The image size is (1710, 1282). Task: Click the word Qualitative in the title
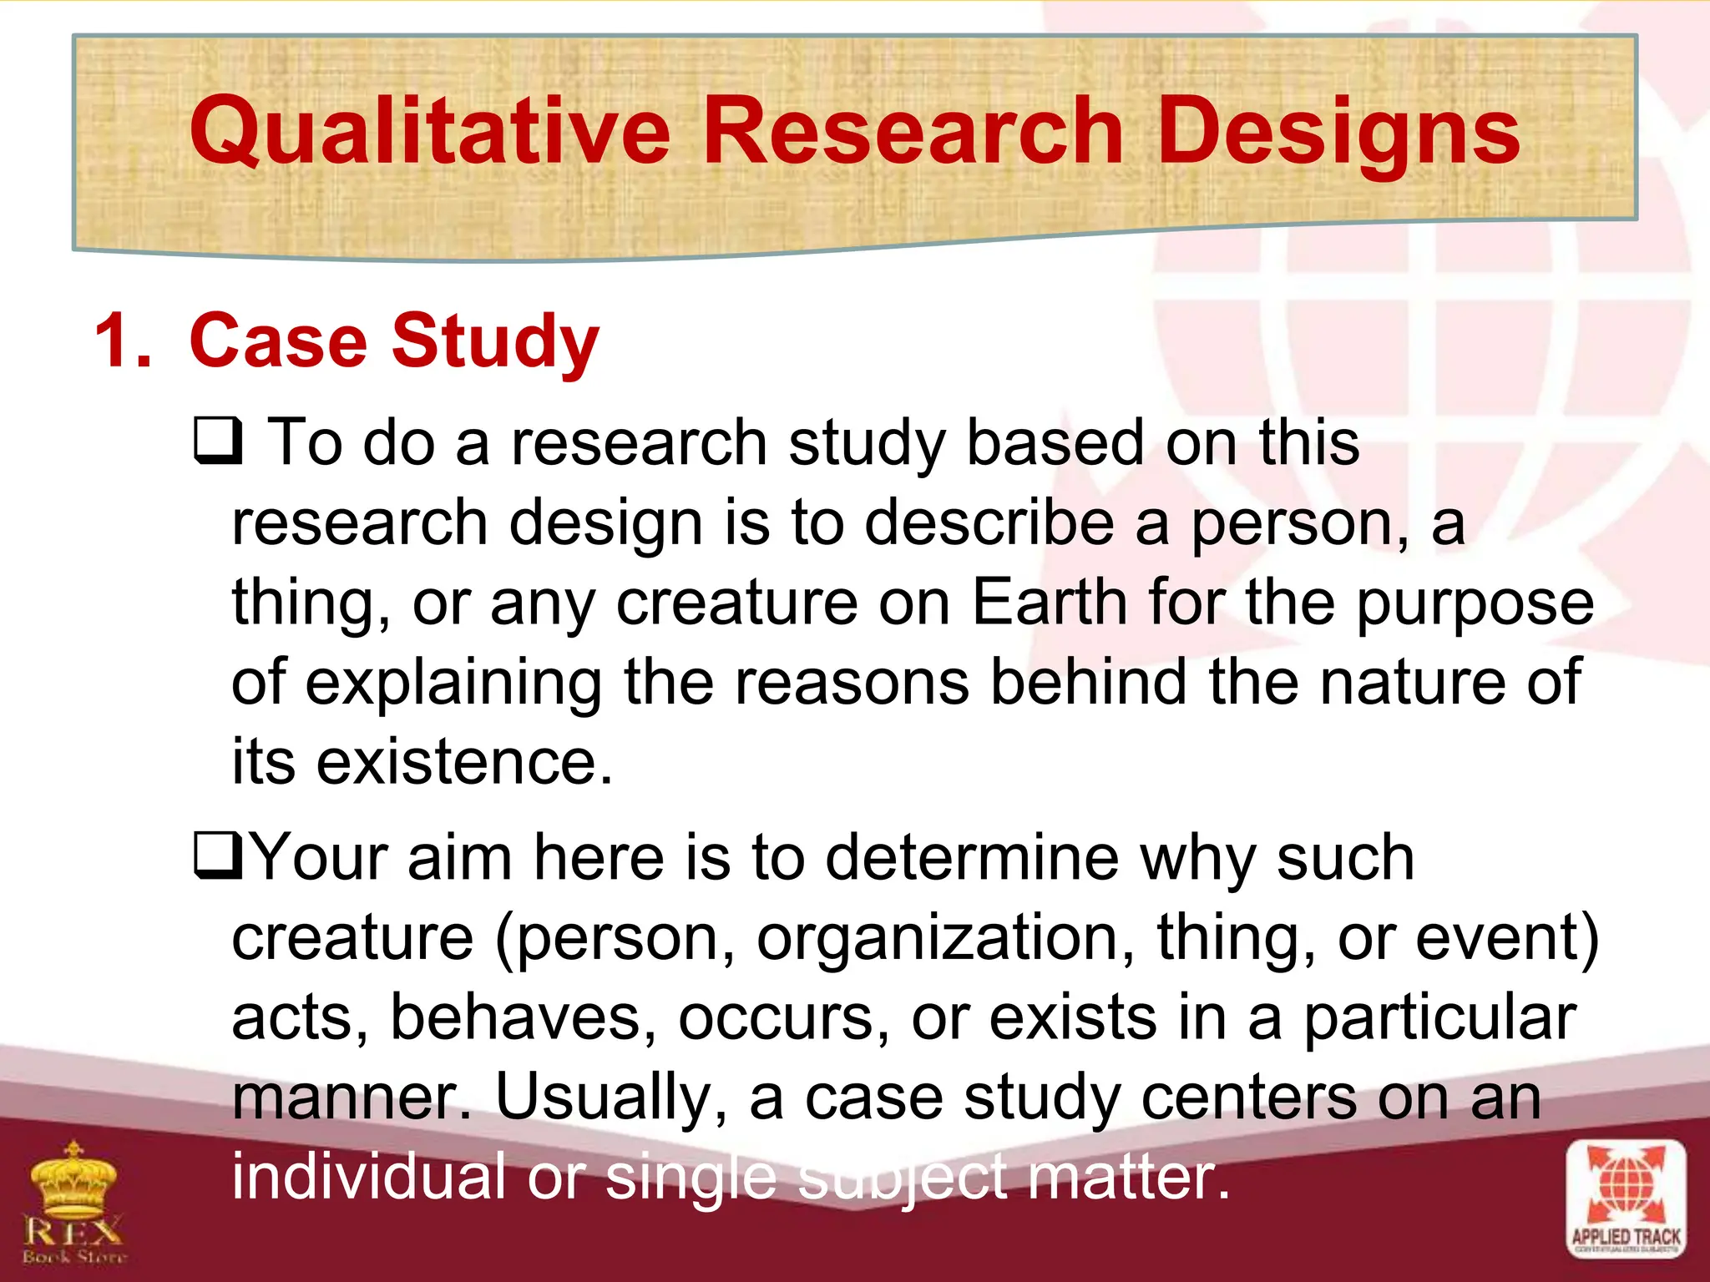click(429, 131)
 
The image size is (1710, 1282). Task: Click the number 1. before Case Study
click(123, 341)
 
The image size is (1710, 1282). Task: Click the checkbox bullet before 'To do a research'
click(218, 442)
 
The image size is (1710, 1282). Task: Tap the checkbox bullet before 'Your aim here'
click(218, 857)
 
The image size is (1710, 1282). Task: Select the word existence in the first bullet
click(463, 762)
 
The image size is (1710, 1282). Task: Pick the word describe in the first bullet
click(989, 522)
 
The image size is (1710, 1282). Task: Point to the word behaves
click(523, 1017)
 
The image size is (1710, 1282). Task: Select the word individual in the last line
click(368, 1176)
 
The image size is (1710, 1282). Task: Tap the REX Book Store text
click(74, 1239)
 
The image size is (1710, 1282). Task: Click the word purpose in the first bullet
click(1475, 603)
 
